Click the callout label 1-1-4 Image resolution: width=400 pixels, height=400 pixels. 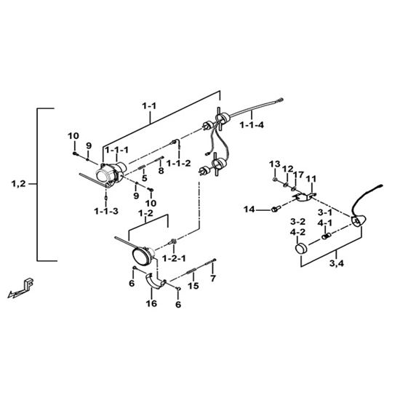(252, 125)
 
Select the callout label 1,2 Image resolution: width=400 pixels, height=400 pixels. (19, 184)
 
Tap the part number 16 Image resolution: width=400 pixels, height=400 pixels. (151, 303)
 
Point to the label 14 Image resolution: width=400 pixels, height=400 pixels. (249, 209)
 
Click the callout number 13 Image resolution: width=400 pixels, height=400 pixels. (275, 164)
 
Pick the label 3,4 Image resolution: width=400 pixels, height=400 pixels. (337, 263)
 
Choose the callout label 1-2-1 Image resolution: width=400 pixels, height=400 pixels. (175, 259)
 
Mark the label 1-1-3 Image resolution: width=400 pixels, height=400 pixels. (106, 211)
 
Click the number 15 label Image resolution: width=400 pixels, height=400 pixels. (193, 286)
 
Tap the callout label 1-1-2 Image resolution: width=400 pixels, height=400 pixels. (179, 163)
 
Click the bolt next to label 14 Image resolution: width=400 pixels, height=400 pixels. (275, 209)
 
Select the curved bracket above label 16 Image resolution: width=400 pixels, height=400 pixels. (156, 281)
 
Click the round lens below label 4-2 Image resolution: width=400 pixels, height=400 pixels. (301, 248)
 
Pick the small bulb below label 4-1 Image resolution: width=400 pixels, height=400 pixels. (326, 236)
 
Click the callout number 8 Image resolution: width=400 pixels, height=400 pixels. (161, 171)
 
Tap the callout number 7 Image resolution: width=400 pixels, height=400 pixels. (213, 278)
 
